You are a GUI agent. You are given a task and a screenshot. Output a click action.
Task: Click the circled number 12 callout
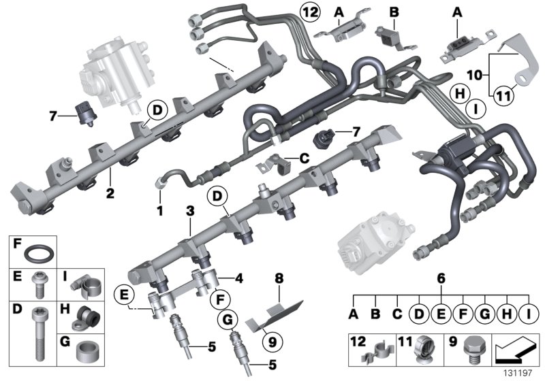point(310,13)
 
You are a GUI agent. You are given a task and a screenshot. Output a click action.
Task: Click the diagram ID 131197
point(517,374)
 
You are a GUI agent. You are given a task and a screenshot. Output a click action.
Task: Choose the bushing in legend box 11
point(423,352)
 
